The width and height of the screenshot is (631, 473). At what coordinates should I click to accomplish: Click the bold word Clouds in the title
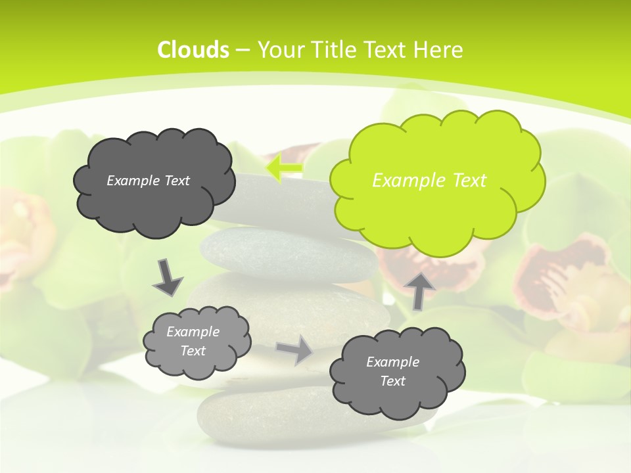(x=193, y=50)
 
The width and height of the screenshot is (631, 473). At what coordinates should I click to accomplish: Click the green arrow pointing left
(x=285, y=169)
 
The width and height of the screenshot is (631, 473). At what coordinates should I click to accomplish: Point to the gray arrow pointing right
(x=294, y=349)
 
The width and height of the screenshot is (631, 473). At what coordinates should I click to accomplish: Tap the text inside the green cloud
(x=429, y=181)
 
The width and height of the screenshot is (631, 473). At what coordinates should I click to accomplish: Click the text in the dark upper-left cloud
(x=148, y=181)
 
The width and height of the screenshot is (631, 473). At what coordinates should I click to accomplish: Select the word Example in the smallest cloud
(x=193, y=332)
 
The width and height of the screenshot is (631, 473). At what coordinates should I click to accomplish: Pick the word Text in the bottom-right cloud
(x=392, y=381)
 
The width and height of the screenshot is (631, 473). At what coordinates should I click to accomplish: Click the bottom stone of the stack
(x=263, y=414)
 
